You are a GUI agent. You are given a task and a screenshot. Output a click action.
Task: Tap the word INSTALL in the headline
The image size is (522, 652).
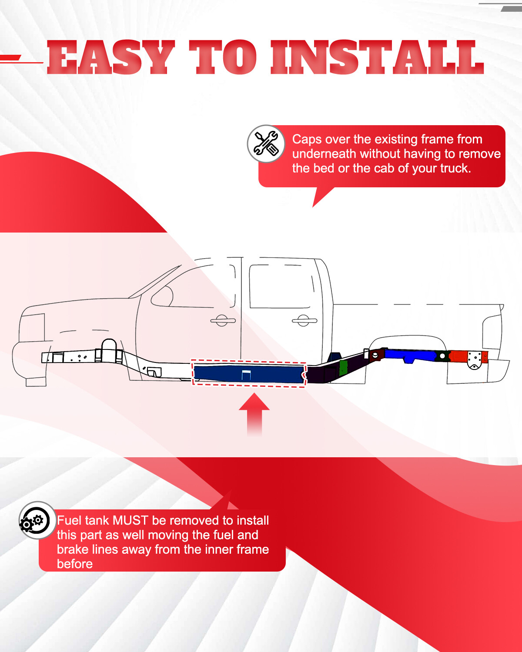(377, 57)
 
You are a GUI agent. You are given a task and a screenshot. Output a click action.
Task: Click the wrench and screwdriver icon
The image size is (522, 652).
(266, 143)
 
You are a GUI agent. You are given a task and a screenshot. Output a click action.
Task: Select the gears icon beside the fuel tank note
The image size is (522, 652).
(37, 520)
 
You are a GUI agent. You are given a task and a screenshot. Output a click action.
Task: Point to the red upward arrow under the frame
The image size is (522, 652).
(254, 415)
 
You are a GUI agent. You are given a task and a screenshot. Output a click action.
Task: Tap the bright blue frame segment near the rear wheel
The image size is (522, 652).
(409, 355)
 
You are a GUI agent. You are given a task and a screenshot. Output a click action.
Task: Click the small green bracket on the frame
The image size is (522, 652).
(343, 367)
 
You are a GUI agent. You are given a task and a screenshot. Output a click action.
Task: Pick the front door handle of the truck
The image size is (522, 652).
(223, 320)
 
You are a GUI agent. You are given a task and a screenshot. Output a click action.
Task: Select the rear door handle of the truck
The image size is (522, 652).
(304, 320)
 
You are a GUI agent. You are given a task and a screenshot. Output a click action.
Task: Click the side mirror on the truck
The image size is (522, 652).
(162, 296)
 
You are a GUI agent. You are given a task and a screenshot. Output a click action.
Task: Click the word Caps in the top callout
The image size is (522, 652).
(307, 140)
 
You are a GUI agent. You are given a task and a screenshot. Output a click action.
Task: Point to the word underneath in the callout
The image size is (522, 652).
(324, 153)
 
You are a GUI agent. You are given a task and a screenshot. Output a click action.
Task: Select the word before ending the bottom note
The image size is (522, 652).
(75, 564)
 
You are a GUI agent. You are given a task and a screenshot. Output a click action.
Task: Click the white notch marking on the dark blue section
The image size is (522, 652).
(246, 375)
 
